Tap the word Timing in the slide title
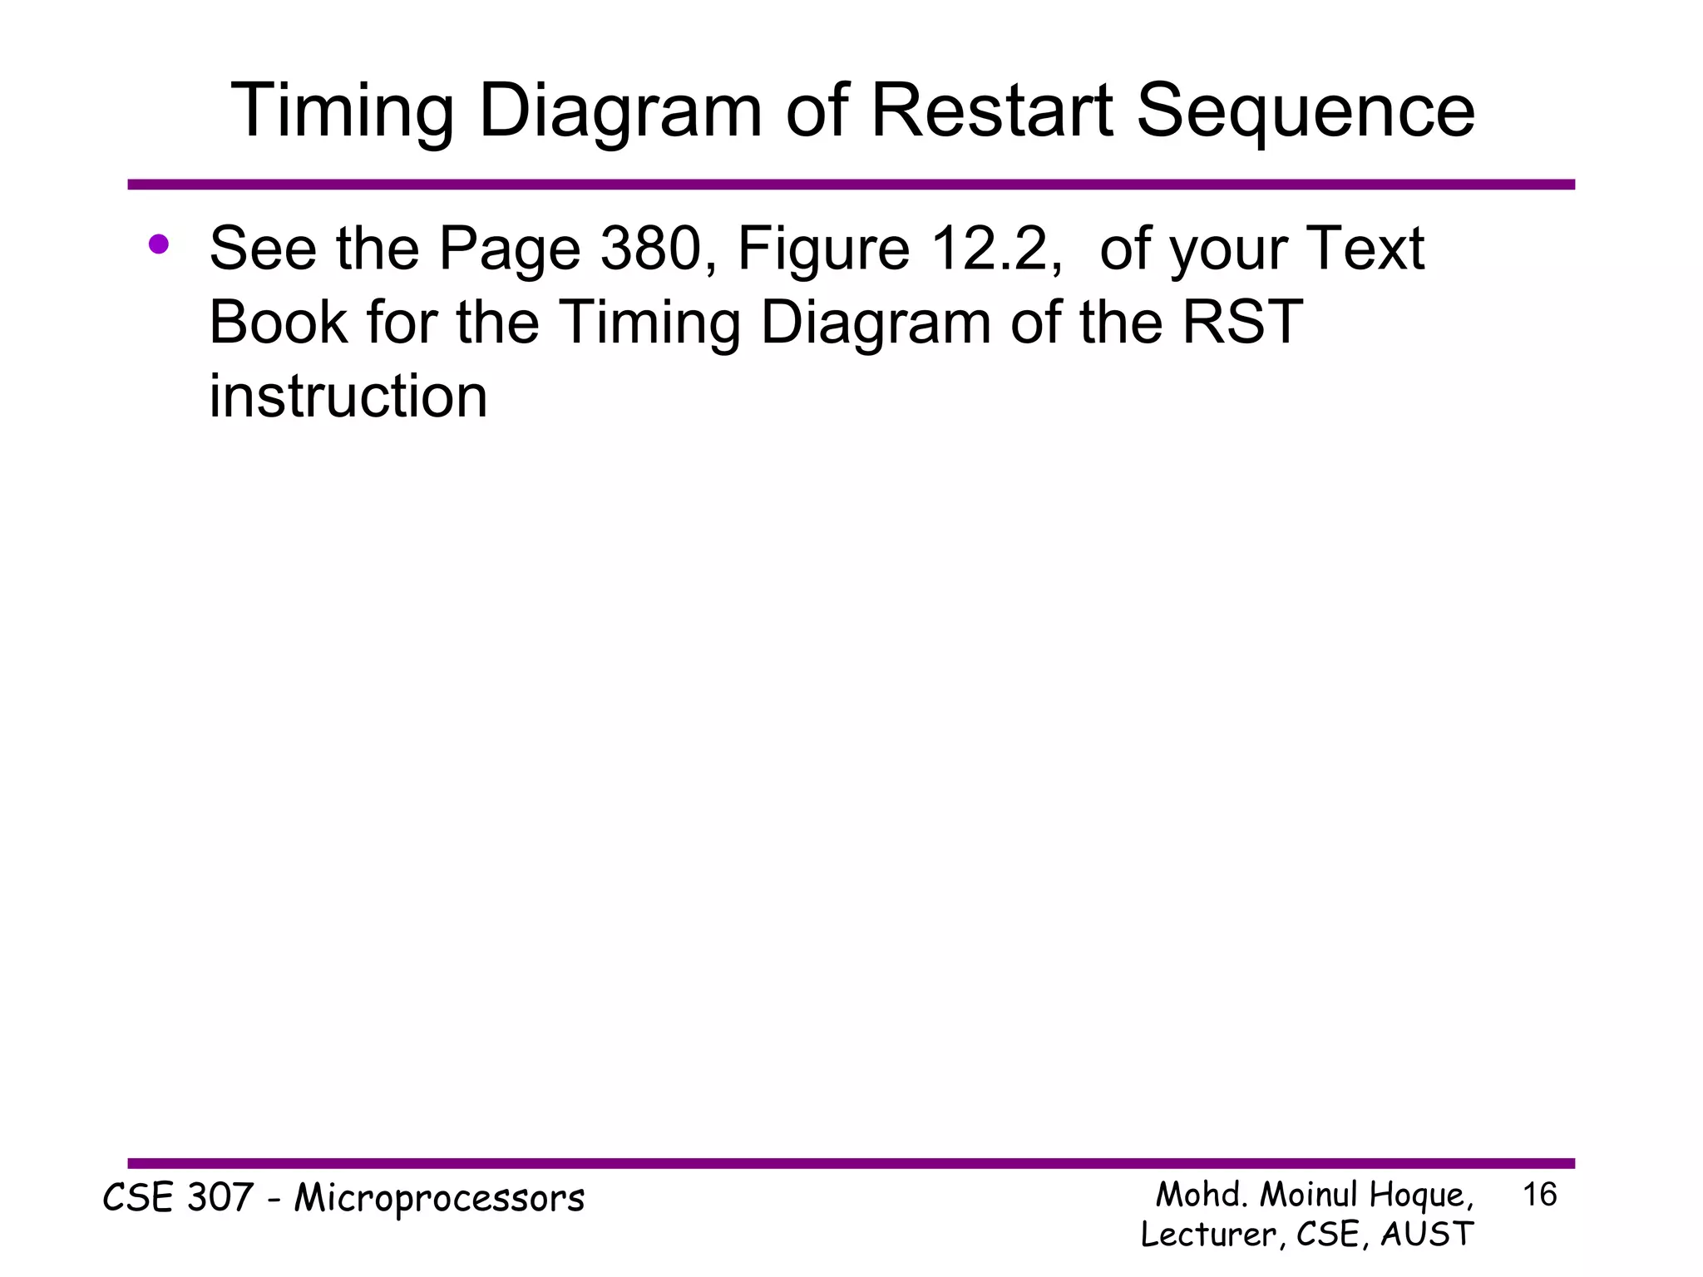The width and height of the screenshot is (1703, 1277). pos(341,112)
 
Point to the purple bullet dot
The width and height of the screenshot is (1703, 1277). pos(159,244)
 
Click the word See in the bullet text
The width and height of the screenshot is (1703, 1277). pos(263,249)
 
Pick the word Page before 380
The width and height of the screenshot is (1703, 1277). pos(509,250)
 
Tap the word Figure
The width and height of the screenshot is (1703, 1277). pos(823,250)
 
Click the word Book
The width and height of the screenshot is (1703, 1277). pos(278,323)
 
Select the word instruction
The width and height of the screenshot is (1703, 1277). pos(348,396)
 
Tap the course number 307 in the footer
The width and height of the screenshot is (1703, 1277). pos(220,1198)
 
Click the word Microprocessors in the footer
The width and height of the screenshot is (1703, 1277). pos(439,1199)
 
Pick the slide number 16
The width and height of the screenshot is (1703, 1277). pos(1539,1196)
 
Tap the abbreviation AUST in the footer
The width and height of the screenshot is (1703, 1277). pos(1427,1234)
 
